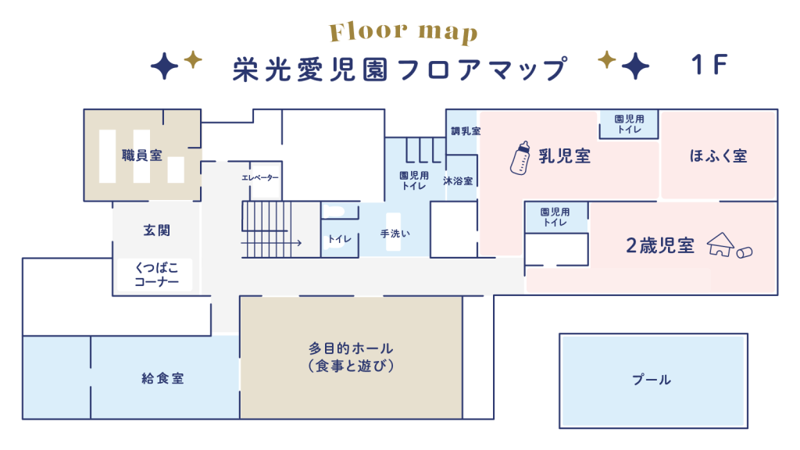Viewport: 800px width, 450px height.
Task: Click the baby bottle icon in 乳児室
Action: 520,158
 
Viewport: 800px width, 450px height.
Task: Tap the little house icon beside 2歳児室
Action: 720,245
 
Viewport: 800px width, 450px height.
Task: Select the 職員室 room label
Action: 142,155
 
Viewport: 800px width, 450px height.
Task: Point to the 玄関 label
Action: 156,230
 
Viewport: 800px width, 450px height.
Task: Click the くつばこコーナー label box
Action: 155,274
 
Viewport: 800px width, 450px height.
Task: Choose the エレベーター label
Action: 260,177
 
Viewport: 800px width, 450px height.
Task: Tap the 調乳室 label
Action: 466,131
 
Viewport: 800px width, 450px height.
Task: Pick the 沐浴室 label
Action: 458,180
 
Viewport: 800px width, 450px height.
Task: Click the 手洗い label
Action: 395,234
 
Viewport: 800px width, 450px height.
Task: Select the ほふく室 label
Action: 719,155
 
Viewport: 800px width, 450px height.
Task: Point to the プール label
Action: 652,379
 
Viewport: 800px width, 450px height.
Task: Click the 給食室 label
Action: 162,378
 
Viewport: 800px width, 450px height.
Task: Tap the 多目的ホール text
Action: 351,348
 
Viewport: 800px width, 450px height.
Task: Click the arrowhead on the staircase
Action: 298,242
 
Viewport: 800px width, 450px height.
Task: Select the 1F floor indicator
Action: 709,65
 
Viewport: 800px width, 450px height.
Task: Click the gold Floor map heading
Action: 403,31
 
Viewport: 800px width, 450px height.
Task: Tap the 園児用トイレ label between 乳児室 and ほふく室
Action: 629,124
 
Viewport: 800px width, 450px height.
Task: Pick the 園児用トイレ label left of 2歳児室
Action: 555,217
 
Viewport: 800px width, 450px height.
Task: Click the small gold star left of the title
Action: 193,59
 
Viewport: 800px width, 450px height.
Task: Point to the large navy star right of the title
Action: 635,66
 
